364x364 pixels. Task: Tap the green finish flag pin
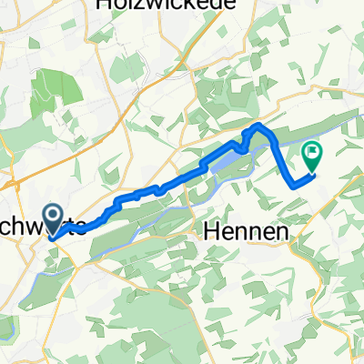click(x=312, y=156)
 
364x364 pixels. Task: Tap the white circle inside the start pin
click(x=53, y=216)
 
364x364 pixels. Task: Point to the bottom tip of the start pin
click(x=53, y=238)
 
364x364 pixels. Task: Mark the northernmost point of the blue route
click(x=258, y=124)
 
